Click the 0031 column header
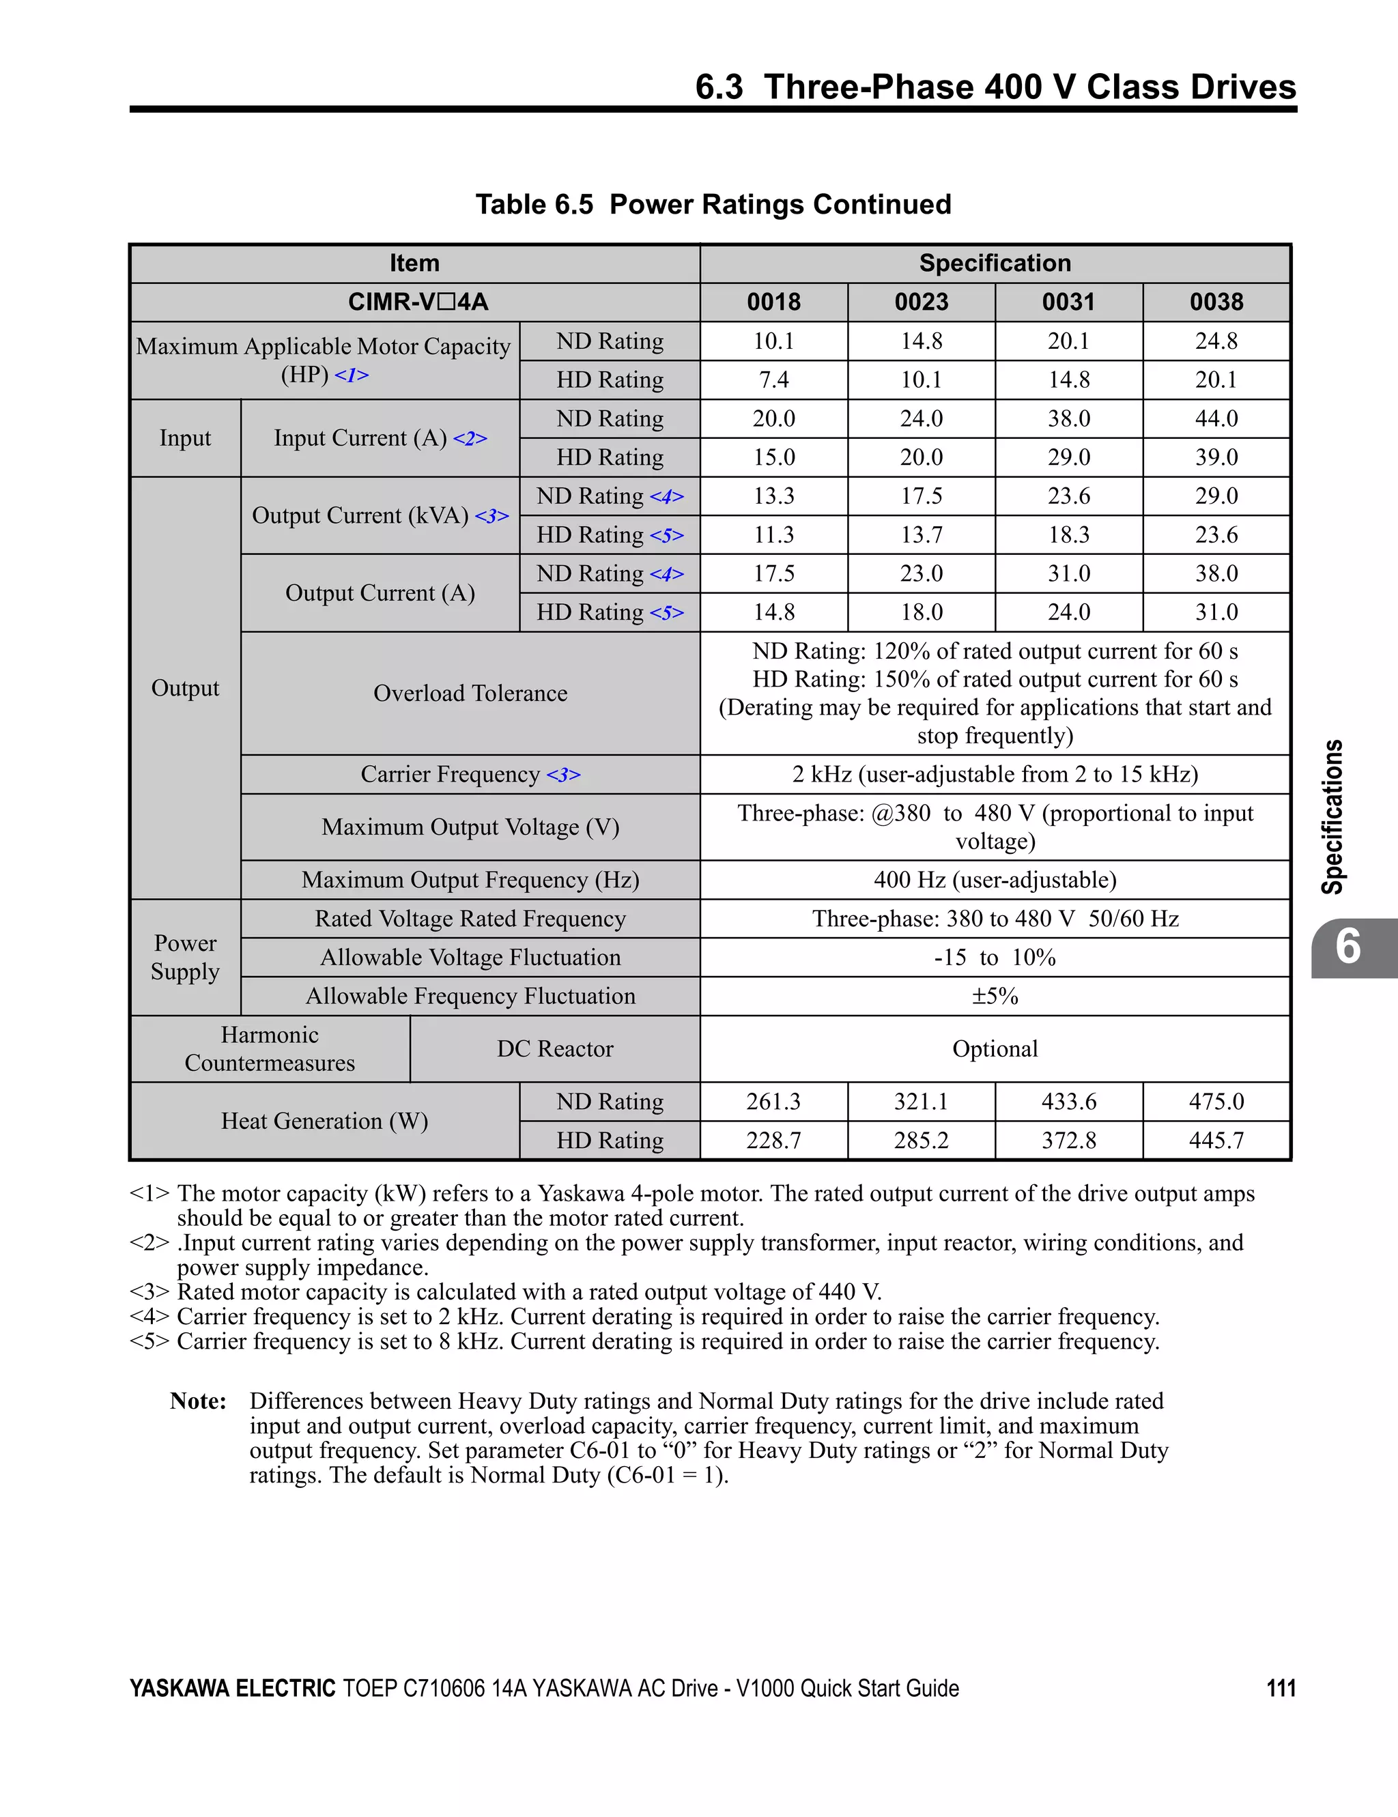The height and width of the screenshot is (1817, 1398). [x=1068, y=302]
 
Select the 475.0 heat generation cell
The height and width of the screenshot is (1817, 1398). [x=1216, y=1102]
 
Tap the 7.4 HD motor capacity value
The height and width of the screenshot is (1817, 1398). [x=773, y=380]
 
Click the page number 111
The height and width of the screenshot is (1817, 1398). [x=1281, y=1688]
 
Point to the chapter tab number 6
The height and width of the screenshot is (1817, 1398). [x=1347, y=947]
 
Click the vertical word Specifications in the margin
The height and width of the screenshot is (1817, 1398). [x=1333, y=817]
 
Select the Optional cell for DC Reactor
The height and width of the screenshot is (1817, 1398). [x=995, y=1049]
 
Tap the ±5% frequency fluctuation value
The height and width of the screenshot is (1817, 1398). [x=995, y=997]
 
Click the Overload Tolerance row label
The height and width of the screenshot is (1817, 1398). [x=470, y=694]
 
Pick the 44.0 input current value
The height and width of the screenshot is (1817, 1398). [x=1216, y=418]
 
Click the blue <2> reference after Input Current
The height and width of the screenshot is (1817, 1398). [x=470, y=438]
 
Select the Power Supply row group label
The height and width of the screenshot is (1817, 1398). [x=185, y=958]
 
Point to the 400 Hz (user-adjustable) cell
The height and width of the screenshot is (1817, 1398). [x=995, y=881]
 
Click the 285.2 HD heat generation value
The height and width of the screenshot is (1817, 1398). [x=920, y=1141]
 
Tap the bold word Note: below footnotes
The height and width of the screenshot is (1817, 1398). [x=198, y=1401]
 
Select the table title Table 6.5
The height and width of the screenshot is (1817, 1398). [x=534, y=205]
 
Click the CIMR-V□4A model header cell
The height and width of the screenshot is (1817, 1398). [x=417, y=302]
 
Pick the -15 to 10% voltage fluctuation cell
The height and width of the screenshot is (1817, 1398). [x=995, y=958]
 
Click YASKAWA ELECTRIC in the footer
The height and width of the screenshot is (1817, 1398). [x=232, y=1688]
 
